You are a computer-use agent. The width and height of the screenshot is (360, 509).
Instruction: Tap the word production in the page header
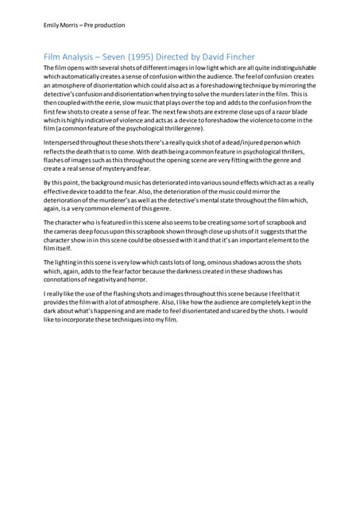[x=107, y=25]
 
